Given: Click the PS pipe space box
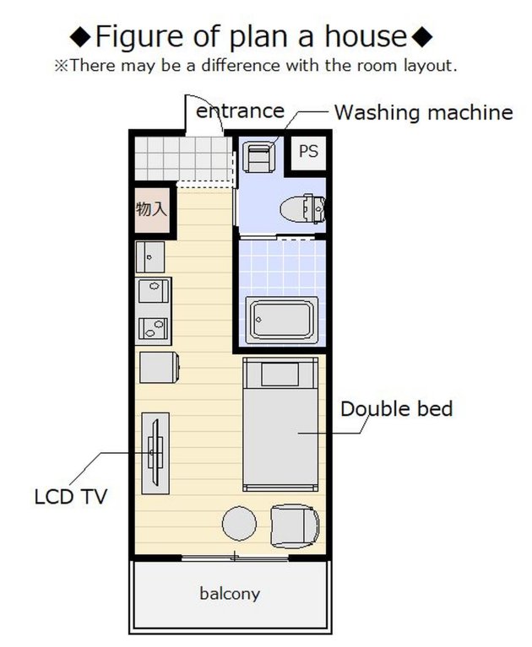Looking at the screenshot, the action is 308,152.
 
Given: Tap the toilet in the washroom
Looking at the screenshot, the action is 303,208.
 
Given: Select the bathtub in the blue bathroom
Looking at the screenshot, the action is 282,321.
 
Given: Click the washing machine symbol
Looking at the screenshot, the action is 258,157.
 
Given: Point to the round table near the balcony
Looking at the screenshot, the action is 239,524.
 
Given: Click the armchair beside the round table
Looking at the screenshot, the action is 295,527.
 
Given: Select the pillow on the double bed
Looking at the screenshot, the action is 280,375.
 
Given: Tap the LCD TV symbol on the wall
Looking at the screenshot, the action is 155,453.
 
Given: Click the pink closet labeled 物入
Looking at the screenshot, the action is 152,210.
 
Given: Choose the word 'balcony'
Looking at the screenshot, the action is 230,594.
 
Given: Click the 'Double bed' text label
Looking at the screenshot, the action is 397,409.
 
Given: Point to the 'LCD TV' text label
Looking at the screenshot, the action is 71,496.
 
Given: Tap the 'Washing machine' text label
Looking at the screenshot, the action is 423,112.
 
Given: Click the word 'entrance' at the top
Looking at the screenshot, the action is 240,111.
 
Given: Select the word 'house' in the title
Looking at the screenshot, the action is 366,36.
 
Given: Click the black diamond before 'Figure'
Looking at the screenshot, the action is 79,37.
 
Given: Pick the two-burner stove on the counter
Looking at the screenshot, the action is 153,328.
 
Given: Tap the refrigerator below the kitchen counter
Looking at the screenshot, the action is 159,367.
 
